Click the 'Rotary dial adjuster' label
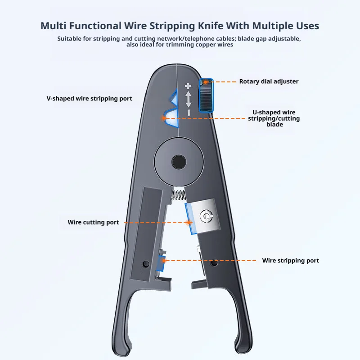pyautogui.click(x=269, y=81)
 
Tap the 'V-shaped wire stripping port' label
pyautogui.click(x=89, y=99)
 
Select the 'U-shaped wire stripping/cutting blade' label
pyautogui.click(x=274, y=118)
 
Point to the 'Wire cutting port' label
pyautogui.click(x=93, y=222)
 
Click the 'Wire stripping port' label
pyautogui.click(x=290, y=261)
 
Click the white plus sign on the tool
pyautogui.click(x=188, y=86)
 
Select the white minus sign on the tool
pyautogui.click(x=189, y=112)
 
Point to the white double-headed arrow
pyautogui.click(x=189, y=99)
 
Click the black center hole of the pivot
pyautogui.click(x=179, y=162)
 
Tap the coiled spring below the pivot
pyautogui.click(x=179, y=195)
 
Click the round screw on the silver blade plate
pyautogui.click(x=207, y=216)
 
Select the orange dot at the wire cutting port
pyautogui.click(x=189, y=222)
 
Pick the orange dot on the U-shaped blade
pyautogui.click(x=164, y=118)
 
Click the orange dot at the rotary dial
pyautogui.click(x=206, y=82)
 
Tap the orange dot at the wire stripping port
pyautogui.click(x=164, y=261)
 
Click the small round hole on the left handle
pyautogui.click(x=146, y=264)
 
